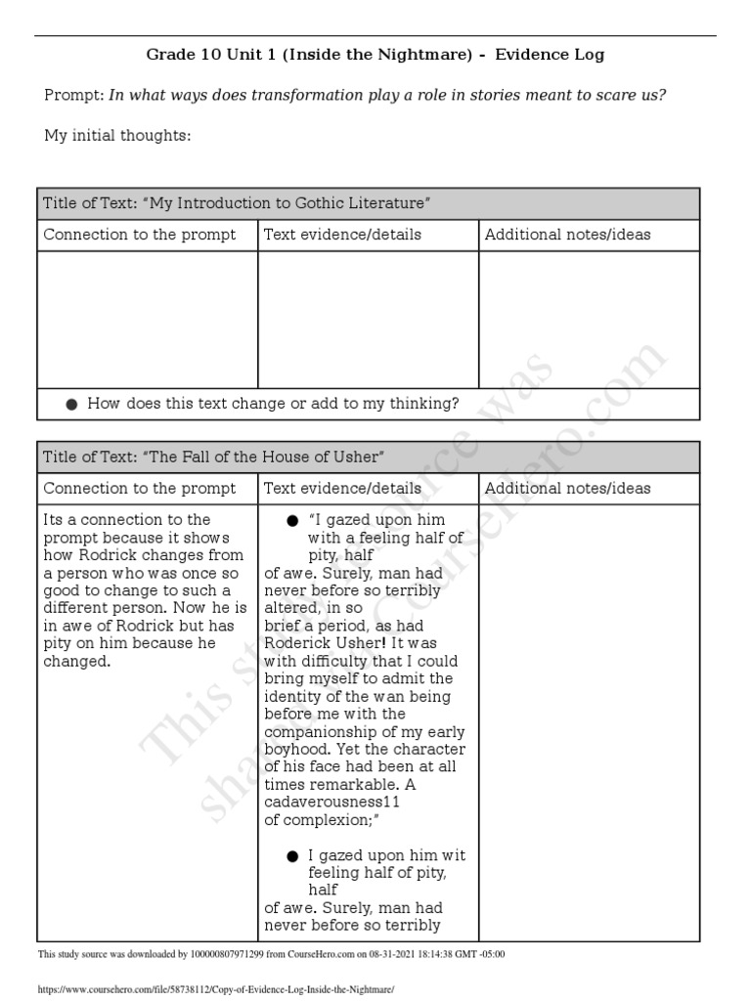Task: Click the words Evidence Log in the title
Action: (x=550, y=55)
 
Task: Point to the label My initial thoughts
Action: (x=117, y=135)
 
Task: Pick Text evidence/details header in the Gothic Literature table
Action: (x=342, y=235)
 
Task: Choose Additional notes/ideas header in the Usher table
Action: (x=567, y=488)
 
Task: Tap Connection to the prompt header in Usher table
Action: (x=140, y=488)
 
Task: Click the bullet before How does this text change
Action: (x=71, y=404)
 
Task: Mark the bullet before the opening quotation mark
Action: (x=292, y=520)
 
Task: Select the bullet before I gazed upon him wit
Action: (x=292, y=855)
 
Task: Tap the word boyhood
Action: (x=297, y=749)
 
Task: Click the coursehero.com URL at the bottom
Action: (x=215, y=989)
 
